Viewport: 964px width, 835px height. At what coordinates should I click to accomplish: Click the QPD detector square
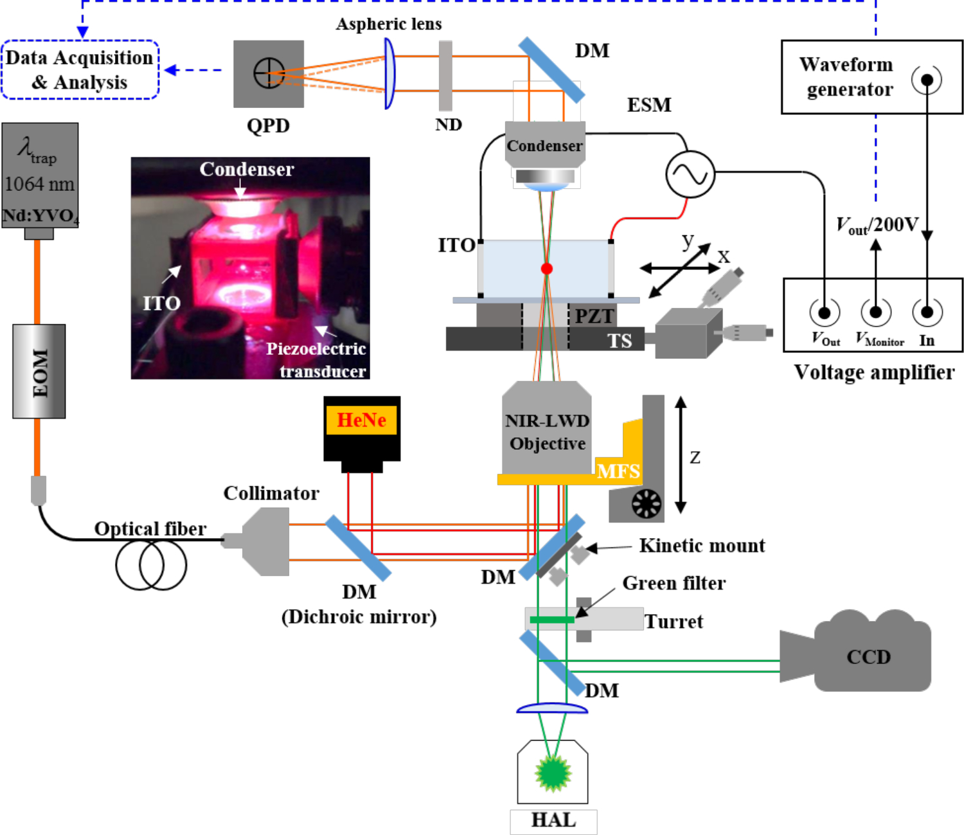click(x=269, y=73)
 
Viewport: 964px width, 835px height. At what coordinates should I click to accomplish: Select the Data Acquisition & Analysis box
click(x=80, y=70)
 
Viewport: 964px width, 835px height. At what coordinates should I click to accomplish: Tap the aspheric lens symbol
click(x=389, y=73)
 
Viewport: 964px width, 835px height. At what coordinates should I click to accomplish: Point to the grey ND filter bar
click(x=445, y=76)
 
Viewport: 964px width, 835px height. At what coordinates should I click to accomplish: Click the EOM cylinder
click(x=39, y=372)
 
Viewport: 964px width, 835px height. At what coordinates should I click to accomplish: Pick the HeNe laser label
click(x=362, y=420)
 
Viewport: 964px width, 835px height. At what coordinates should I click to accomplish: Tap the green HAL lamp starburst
click(x=553, y=773)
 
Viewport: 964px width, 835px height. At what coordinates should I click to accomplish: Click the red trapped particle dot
click(x=547, y=269)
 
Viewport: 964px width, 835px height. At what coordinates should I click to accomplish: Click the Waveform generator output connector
click(x=927, y=80)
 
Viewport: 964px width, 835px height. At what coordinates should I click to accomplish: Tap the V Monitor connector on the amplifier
click(x=875, y=313)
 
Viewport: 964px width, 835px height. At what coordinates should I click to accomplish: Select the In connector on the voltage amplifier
click(x=927, y=313)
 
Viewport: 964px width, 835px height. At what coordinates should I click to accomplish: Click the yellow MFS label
click(x=618, y=471)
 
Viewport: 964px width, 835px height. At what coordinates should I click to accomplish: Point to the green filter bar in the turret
click(x=551, y=620)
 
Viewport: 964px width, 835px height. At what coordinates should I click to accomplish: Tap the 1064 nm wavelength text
click(x=39, y=184)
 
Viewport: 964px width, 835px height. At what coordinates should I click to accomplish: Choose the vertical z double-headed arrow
click(x=681, y=455)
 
